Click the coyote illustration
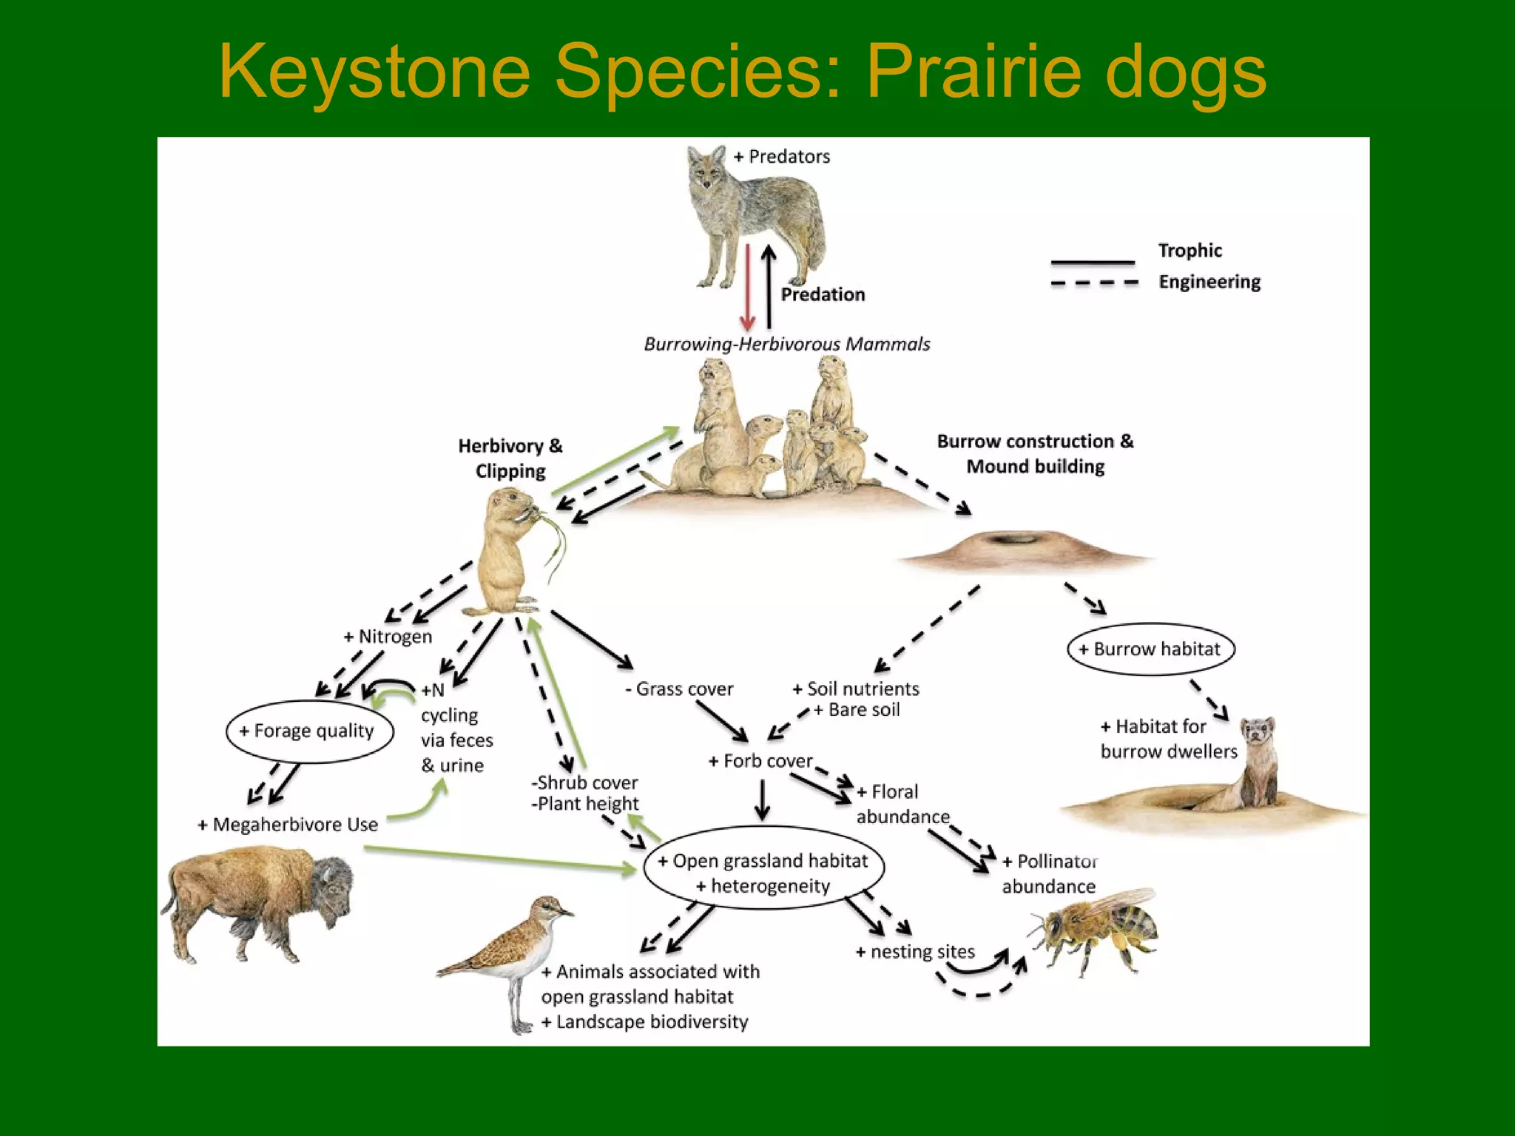(x=755, y=214)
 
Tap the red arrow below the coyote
(x=747, y=288)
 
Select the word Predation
(x=823, y=294)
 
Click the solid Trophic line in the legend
(x=1093, y=262)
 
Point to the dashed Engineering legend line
(x=1094, y=283)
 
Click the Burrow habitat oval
(x=1151, y=649)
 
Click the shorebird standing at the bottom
(x=510, y=954)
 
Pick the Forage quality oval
(x=309, y=731)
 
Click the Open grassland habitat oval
(x=763, y=873)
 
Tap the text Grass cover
(x=679, y=689)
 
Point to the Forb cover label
(x=760, y=761)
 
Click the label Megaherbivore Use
(x=289, y=825)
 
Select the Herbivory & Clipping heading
(x=510, y=458)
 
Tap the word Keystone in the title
(x=374, y=72)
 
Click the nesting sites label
(x=915, y=952)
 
